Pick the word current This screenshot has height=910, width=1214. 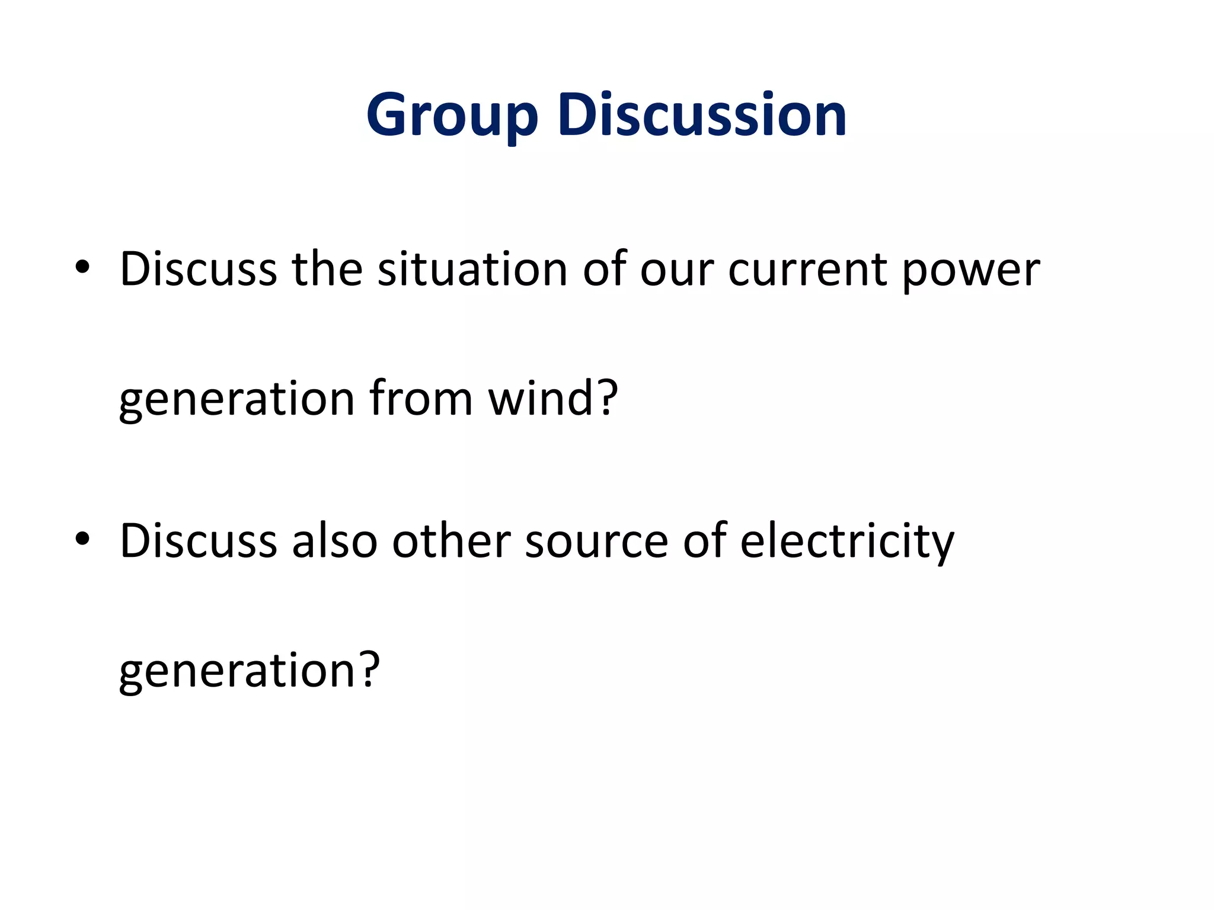pos(807,270)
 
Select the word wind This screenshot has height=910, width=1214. pos(540,398)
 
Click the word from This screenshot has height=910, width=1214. pos(421,398)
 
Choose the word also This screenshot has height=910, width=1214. pos(334,540)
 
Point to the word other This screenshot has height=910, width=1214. pos(451,540)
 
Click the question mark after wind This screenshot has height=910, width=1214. pos(606,398)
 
